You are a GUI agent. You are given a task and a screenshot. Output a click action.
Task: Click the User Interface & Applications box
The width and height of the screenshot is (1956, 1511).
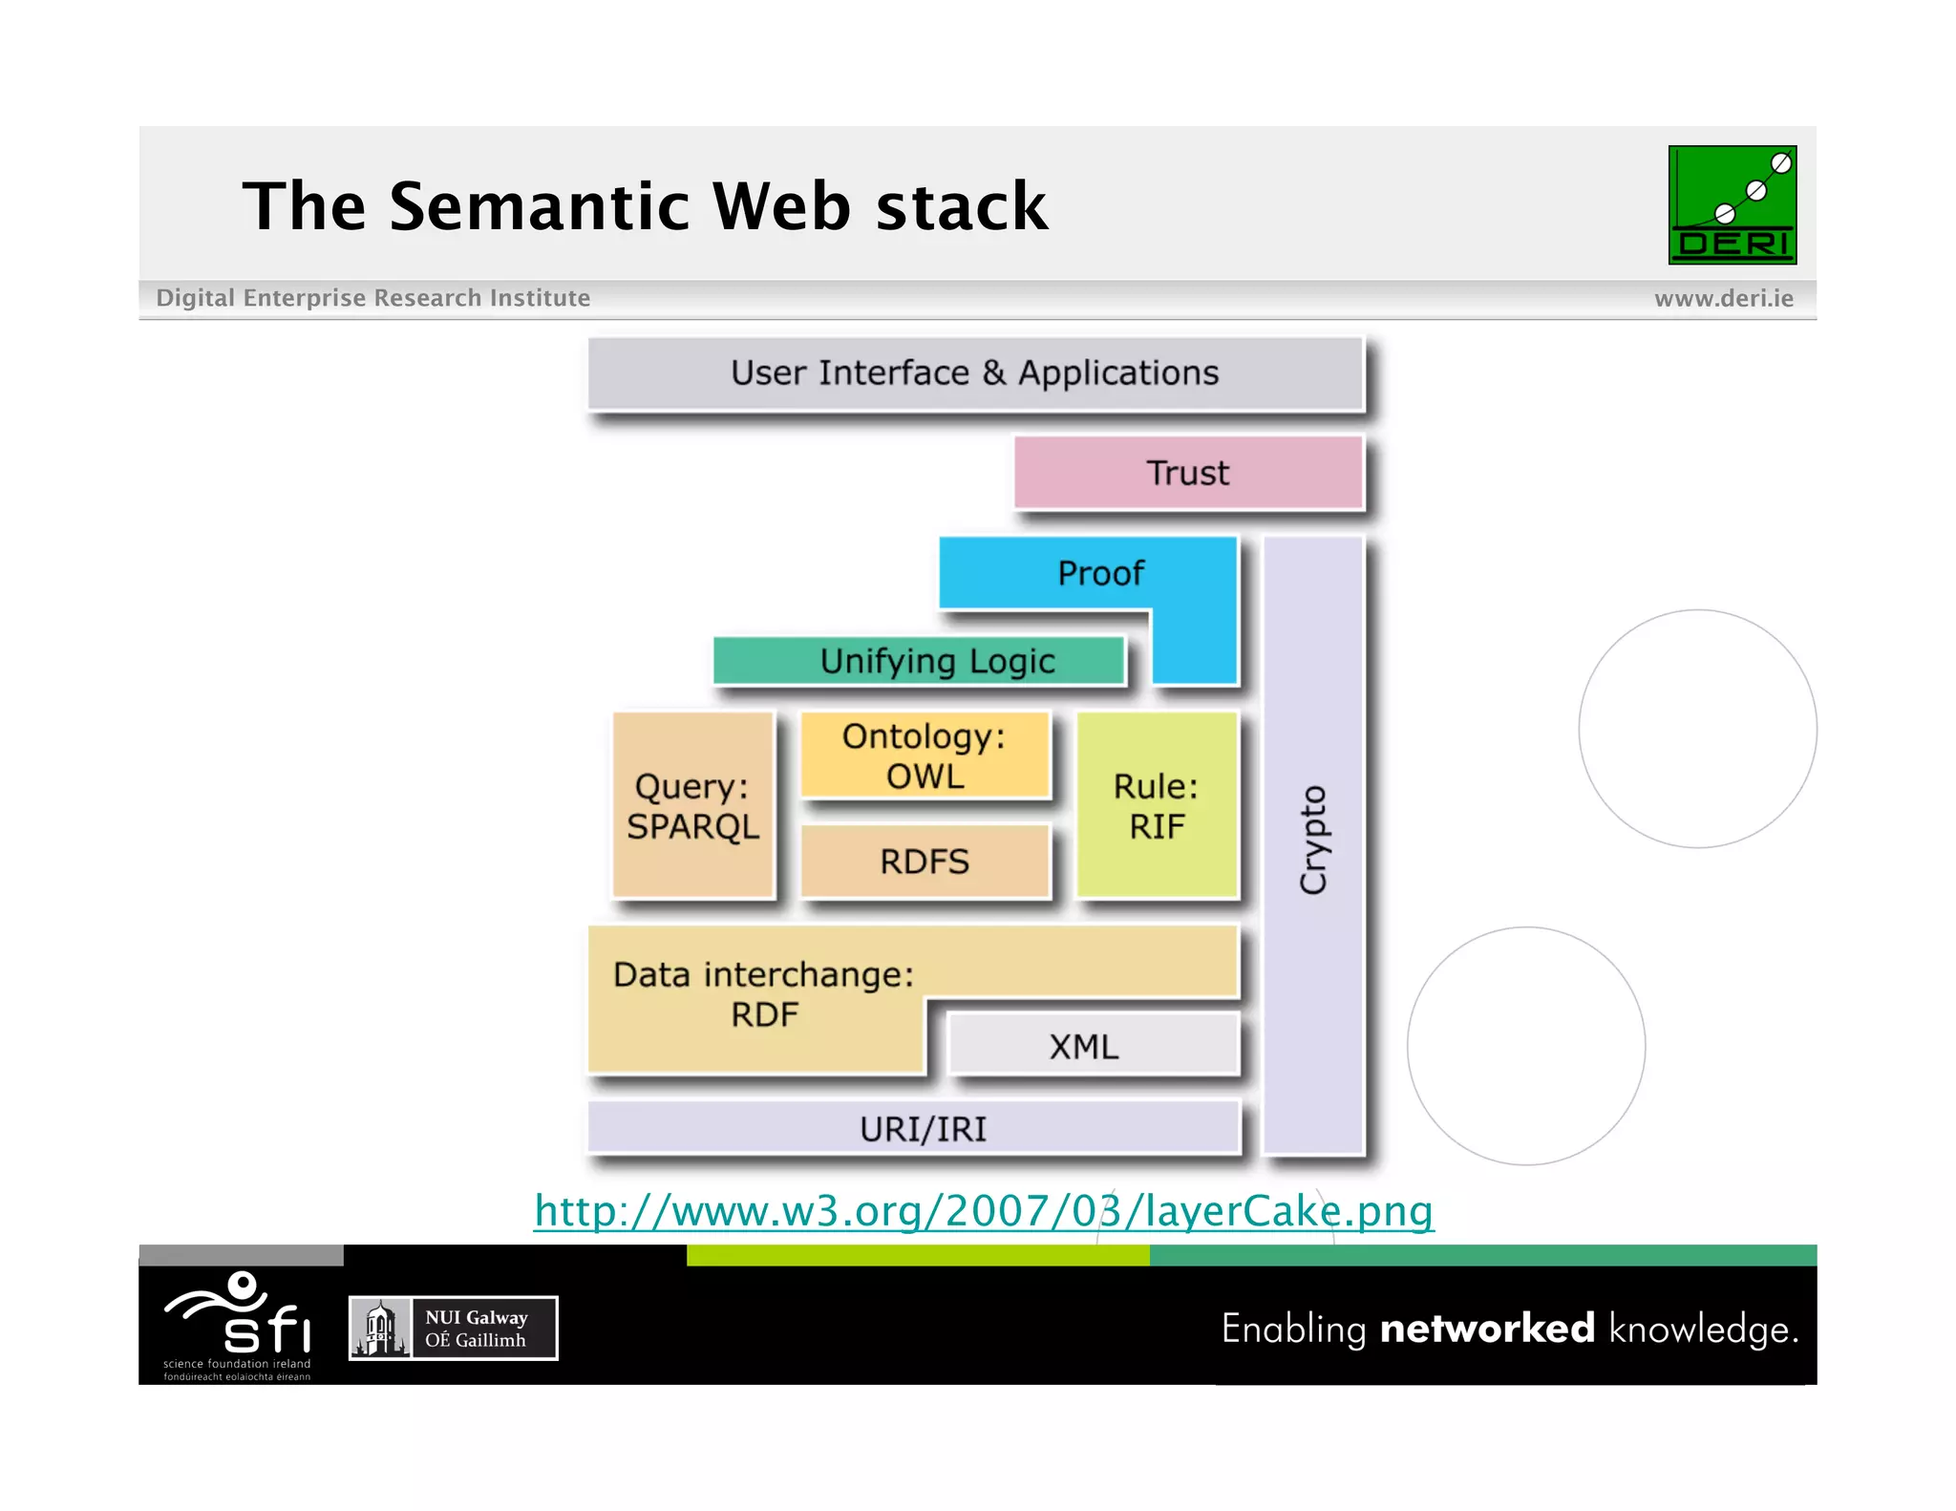click(x=974, y=373)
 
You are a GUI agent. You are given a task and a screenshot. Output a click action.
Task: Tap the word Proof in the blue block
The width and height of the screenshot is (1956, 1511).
click(x=1100, y=573)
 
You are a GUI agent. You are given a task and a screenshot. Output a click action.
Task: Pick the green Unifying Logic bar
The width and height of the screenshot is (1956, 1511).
click(x=919, y=661)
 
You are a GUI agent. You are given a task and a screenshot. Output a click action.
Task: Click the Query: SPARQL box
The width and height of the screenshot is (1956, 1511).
click(x=692, y=805)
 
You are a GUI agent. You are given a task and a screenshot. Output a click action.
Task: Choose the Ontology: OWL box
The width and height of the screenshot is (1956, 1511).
click(x=925, y=755)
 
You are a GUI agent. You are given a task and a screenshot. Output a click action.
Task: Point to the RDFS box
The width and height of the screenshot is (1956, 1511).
click(x=925, y=862)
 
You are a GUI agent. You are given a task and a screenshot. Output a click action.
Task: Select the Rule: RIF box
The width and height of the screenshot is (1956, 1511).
click(x=1157, y=805)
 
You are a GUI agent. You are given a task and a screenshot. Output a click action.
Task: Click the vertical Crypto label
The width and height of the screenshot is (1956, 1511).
click(x=1313, y=841)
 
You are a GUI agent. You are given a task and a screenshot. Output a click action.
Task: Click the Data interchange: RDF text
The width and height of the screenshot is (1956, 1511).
click(x=764, y=994)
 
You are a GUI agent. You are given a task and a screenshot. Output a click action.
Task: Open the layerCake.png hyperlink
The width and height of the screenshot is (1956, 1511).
click(x=984, y=1211)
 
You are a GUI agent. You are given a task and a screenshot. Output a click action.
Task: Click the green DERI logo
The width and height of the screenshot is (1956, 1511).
click(x=1732, y=204)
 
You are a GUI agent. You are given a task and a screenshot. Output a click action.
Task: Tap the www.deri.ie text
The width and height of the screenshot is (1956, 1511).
click(x=1723, y=299)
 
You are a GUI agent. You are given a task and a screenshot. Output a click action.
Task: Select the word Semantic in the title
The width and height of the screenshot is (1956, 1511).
click(x=539, y=206)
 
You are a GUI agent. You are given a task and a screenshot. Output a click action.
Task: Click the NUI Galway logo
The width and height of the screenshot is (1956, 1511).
click(x=453, y=1328)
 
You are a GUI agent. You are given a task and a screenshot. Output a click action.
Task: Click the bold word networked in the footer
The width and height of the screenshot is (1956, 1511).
click(x=1487, y=1329)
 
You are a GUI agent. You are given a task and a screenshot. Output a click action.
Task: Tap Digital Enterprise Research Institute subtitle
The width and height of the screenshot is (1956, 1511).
click(x=372, y=298)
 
